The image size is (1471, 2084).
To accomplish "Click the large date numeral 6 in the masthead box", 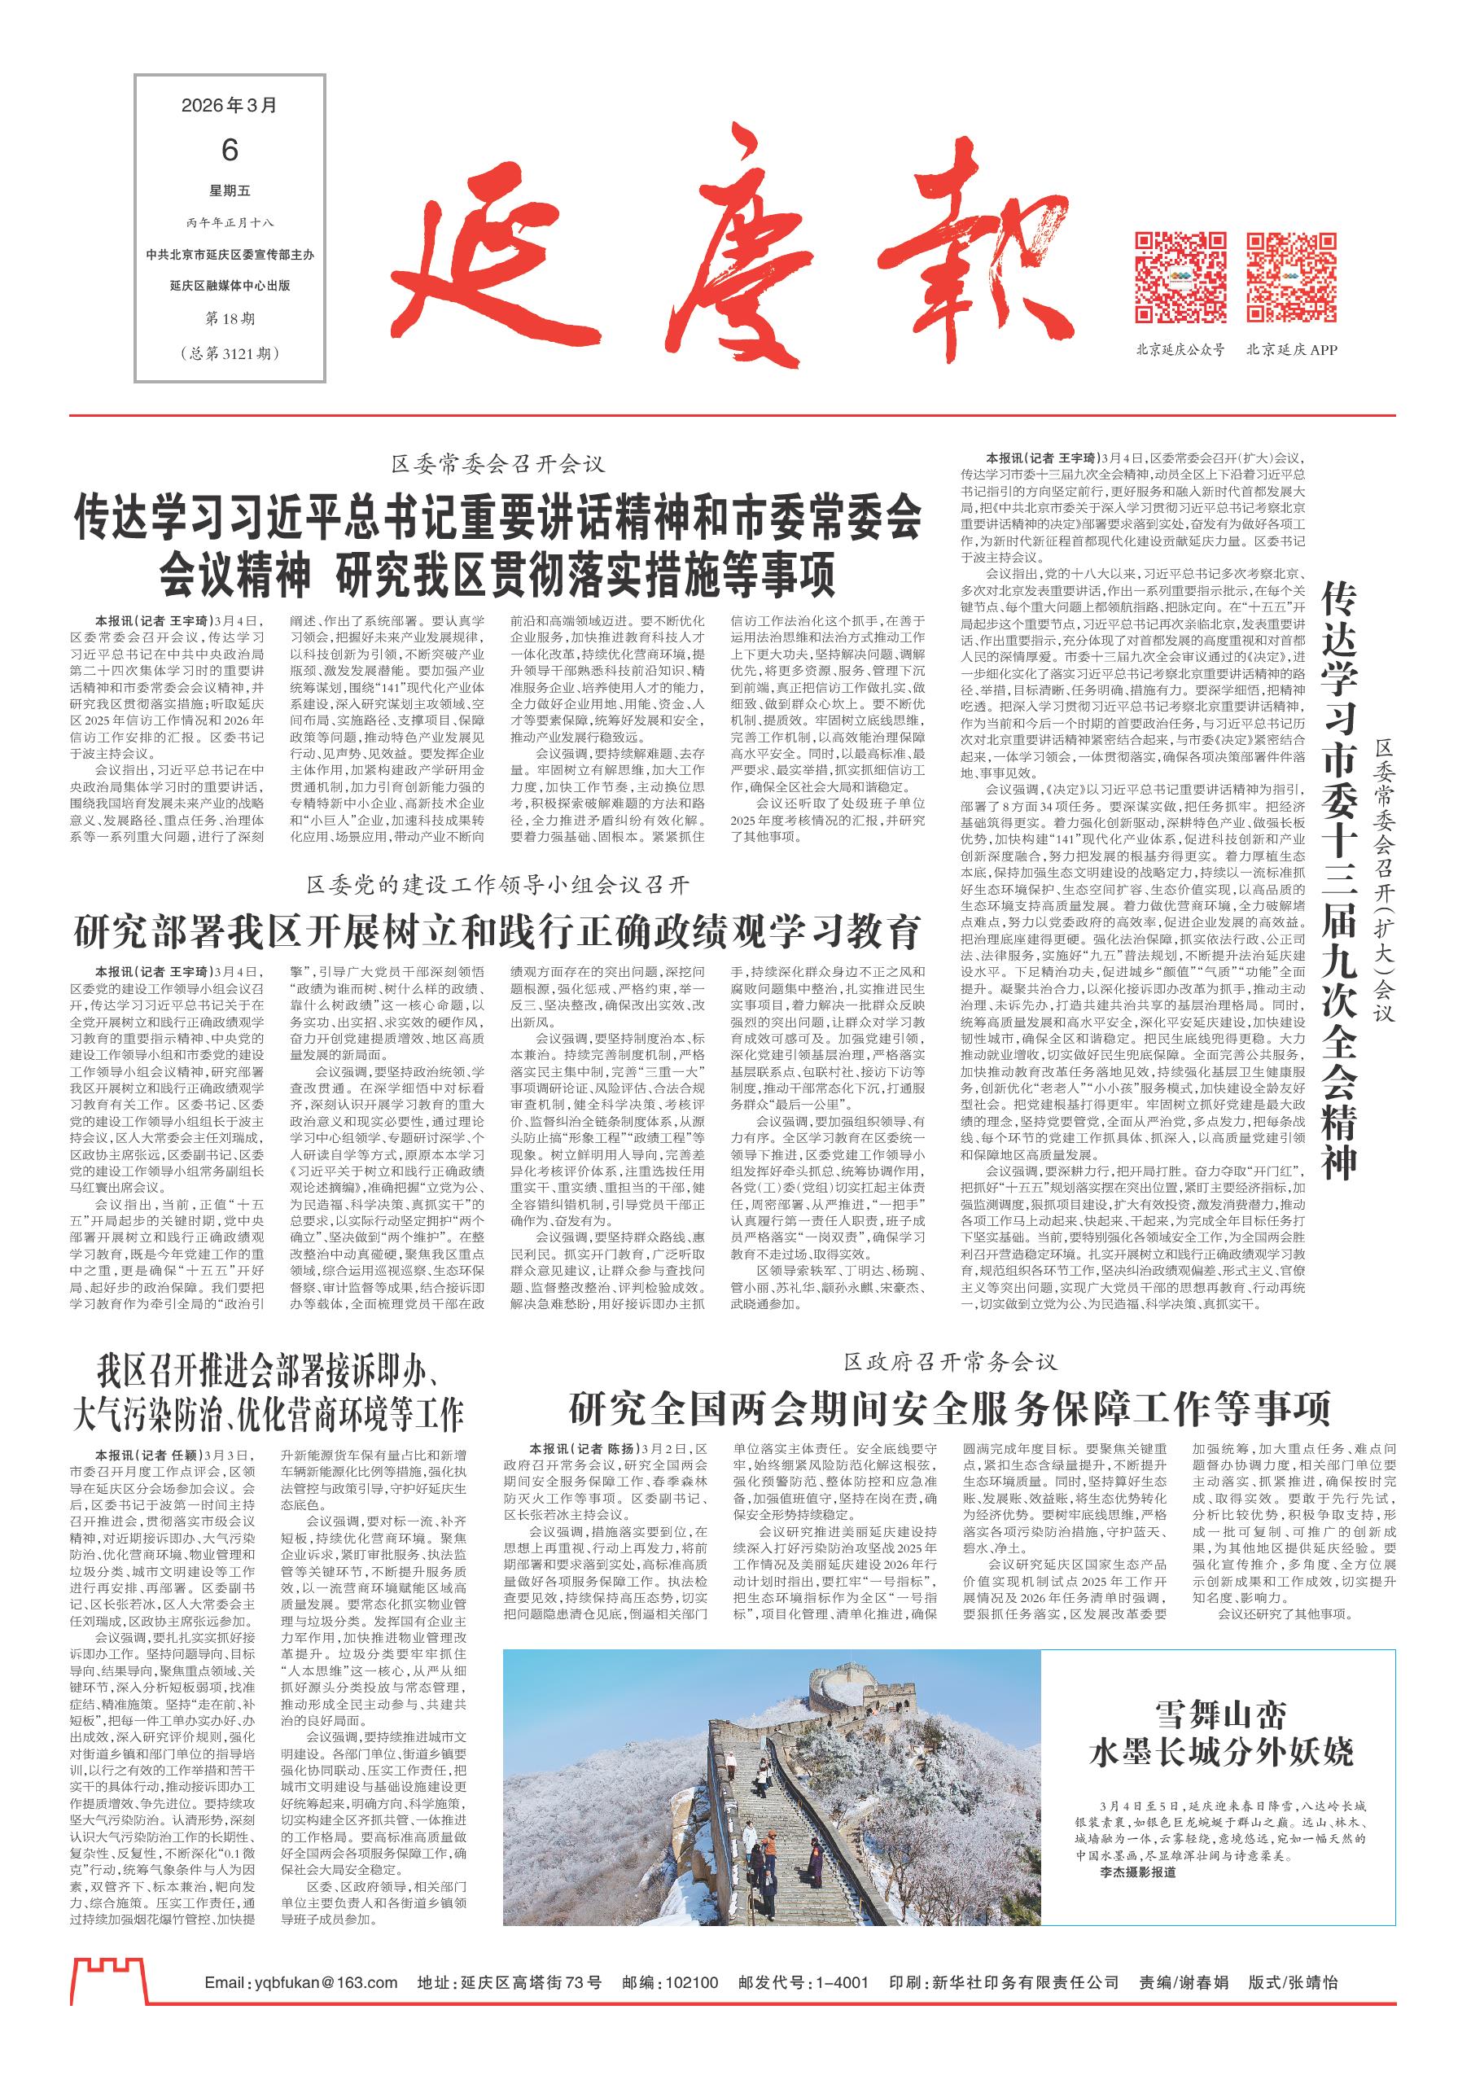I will coord(229,151).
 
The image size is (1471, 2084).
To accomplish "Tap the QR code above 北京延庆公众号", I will coord(1180,278).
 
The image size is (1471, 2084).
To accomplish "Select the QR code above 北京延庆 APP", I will coord(1291,278).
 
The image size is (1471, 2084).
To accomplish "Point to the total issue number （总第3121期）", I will coord(229,352).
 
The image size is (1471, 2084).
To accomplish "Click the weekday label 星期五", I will coord(229,191).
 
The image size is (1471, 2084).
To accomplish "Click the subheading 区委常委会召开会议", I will coord(498,465).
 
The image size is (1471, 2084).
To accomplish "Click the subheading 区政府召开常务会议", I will coord(951,1361).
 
